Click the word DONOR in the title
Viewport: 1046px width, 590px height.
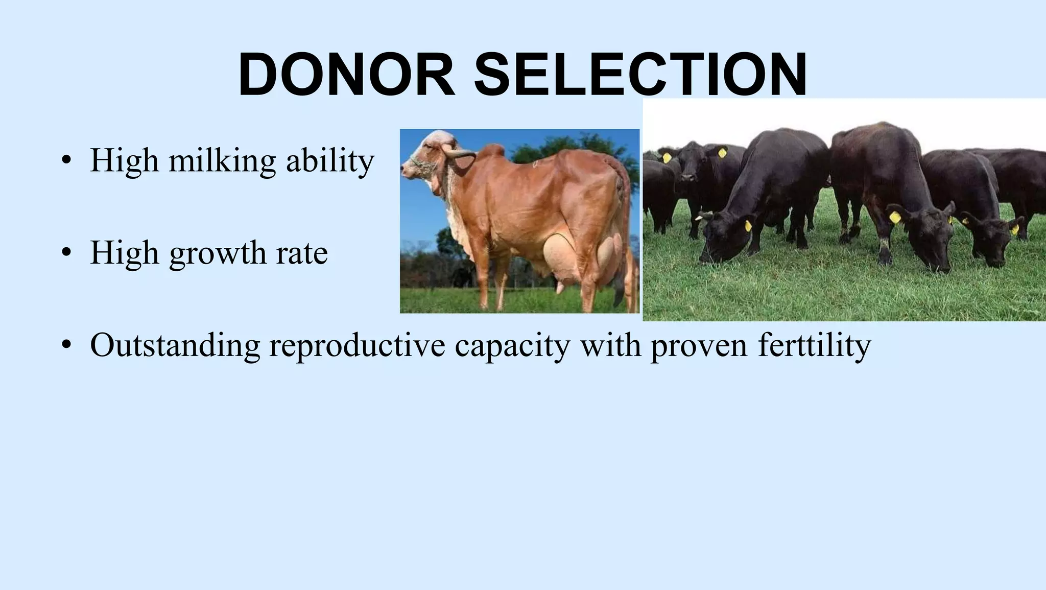[346, 75]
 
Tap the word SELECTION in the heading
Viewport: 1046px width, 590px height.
[640, 75]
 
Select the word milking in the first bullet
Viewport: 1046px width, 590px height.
[222, 161]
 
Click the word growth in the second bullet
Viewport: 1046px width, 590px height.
[218, 253]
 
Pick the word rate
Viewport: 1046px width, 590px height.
[302, 253]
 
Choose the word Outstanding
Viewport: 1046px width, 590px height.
[175, 346]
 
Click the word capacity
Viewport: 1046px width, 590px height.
[512, 346]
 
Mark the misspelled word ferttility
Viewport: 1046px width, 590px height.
[814, 346]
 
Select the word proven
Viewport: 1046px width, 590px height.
[699, 346]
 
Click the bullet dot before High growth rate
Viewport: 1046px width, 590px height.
[65, 253]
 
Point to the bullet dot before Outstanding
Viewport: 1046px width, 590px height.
[65, 346]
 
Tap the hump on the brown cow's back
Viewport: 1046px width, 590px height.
[493, 151]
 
